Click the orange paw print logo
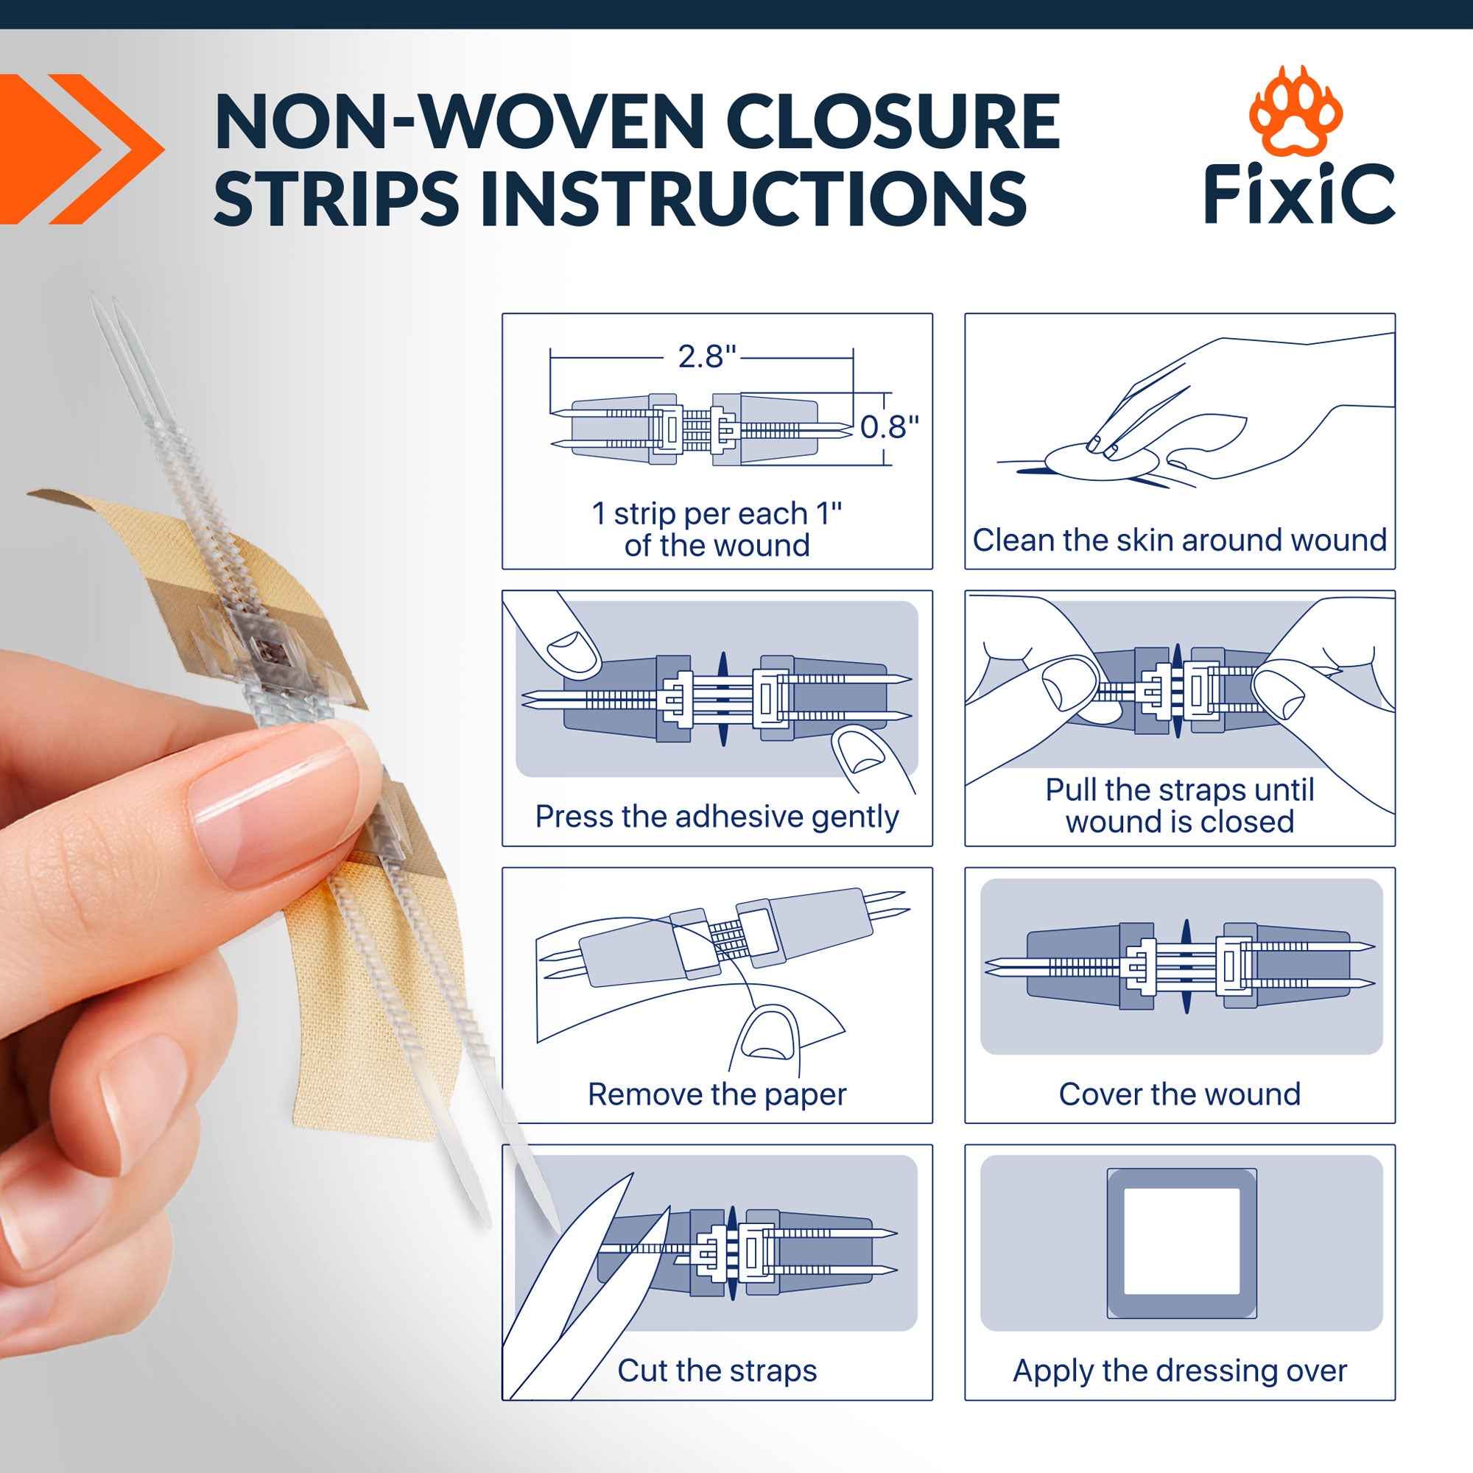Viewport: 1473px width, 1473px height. click(x=1296, y=111)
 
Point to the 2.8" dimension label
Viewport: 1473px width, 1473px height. click(x=708, y=356)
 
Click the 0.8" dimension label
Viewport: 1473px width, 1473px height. click(x=890, y=427)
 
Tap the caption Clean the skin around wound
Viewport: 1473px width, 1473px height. click(x=1179, y=540)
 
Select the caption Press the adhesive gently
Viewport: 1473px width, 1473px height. click(x=717, y=818)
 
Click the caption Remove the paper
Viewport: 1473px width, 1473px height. click(x=717, y=1094)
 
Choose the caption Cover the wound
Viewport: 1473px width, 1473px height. click(x=1179, y=1094)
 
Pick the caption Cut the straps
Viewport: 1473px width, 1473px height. click(x=717, y=1371)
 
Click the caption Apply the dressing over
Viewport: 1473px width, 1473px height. click(x=1179, y=1371)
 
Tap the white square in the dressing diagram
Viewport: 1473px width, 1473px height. click(x=1182, y=1242)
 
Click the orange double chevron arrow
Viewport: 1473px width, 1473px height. click(x=82, y=149)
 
